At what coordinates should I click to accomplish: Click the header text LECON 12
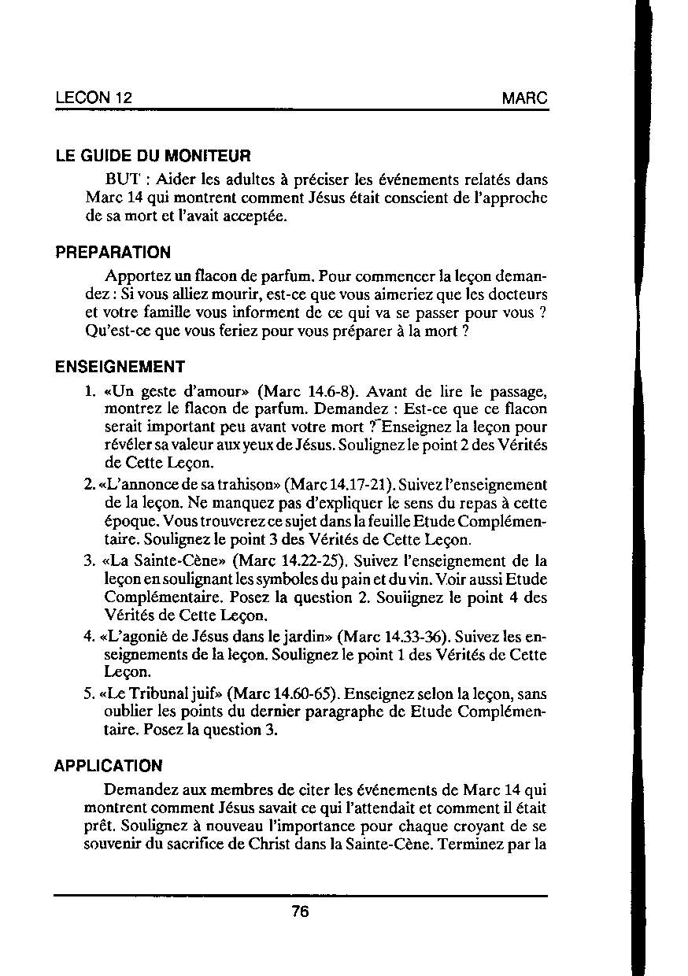coord(94,99)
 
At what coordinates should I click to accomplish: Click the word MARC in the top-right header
coord(524,99)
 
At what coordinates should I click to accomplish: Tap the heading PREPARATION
coord(113,253)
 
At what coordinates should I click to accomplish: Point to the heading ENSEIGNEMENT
coord(120,367)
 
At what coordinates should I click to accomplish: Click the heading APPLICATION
coord(109,766)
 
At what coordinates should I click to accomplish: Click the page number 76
coord(300,911)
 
